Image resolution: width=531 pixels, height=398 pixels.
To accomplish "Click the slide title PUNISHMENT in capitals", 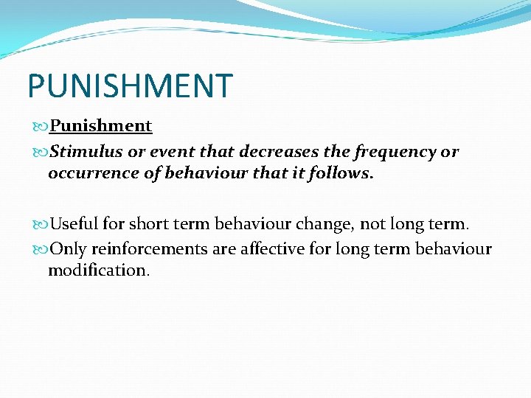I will pos(130,85).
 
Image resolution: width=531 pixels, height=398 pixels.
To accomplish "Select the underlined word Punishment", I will pos(100,126).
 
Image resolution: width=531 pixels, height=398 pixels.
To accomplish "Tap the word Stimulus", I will pos(82,152).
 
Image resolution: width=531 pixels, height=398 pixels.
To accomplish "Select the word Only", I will pos(68,249).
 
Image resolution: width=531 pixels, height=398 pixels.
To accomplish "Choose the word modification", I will pos(99,270).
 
